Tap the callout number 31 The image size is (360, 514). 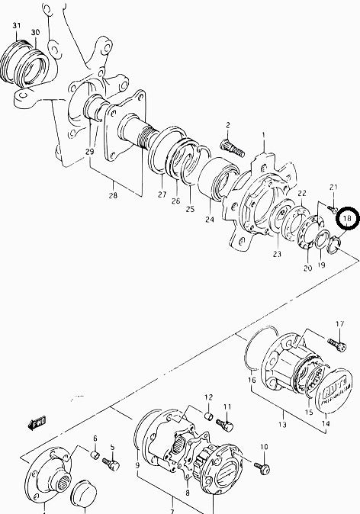(16, 26)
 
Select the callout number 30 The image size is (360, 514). (35, 32)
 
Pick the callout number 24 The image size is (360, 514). (208, 221)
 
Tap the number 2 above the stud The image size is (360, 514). (227, 125)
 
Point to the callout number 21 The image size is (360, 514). (333, 188)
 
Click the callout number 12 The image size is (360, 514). (207, 397)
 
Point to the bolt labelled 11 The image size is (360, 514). (224, 422)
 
